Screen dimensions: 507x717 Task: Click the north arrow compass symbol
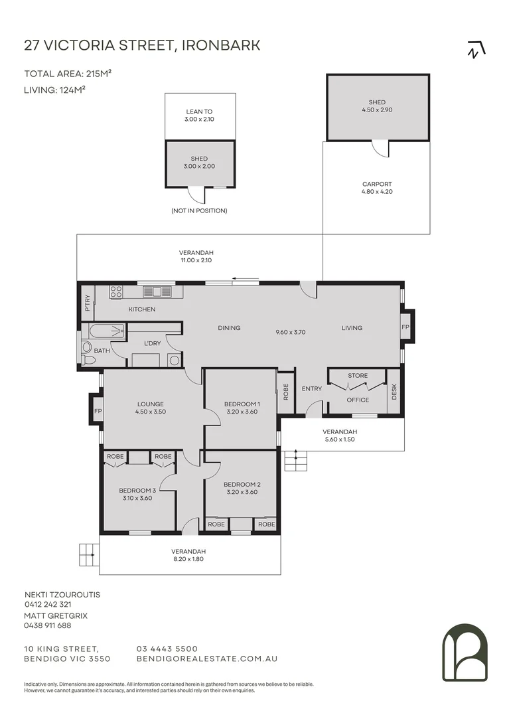(x=476, y=49)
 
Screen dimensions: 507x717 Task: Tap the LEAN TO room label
(x=199, y=112)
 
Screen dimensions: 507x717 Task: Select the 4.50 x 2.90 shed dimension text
(x=377, y=110)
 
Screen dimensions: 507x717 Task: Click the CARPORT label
(x=377, y=185)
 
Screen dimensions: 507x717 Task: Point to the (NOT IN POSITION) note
(x=199, y=211)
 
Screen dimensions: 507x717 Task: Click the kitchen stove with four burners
(x=116, y=291)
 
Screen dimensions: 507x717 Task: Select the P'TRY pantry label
(x=88, y=303)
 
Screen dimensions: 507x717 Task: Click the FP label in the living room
(x=405, y=327)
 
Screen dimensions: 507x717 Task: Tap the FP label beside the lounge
(x=98, y=412)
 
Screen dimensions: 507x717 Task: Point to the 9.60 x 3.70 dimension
(x=291, y=333)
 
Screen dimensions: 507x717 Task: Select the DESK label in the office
(x=395, y=392)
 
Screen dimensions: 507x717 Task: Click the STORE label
(x=358, y=376)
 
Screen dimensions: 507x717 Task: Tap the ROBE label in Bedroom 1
(x=286, y=392)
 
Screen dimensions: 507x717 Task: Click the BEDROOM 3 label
(x=137, y=491)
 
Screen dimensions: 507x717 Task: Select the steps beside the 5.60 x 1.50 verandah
(x=296, y=461)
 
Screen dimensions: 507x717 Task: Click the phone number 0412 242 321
(x=48, y=605)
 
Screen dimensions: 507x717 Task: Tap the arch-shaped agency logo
(x=465, y=653)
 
